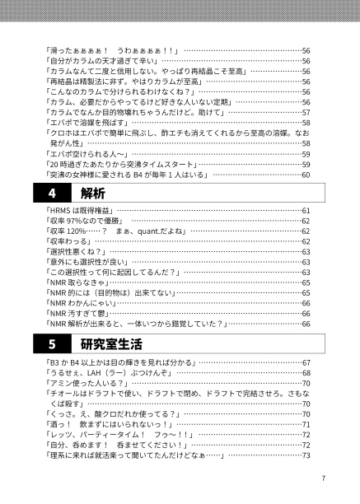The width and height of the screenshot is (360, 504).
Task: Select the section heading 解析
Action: click(94, 194)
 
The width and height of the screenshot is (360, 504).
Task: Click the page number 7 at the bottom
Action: click(325, 478)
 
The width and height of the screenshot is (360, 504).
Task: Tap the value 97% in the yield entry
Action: click(86, 222)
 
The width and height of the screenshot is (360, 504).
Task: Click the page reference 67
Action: click(306, 362)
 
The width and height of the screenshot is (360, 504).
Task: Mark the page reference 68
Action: click(306, 373)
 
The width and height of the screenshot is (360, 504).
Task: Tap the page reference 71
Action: click(306, 424)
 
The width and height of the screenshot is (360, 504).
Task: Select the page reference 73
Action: click(306, 455)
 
